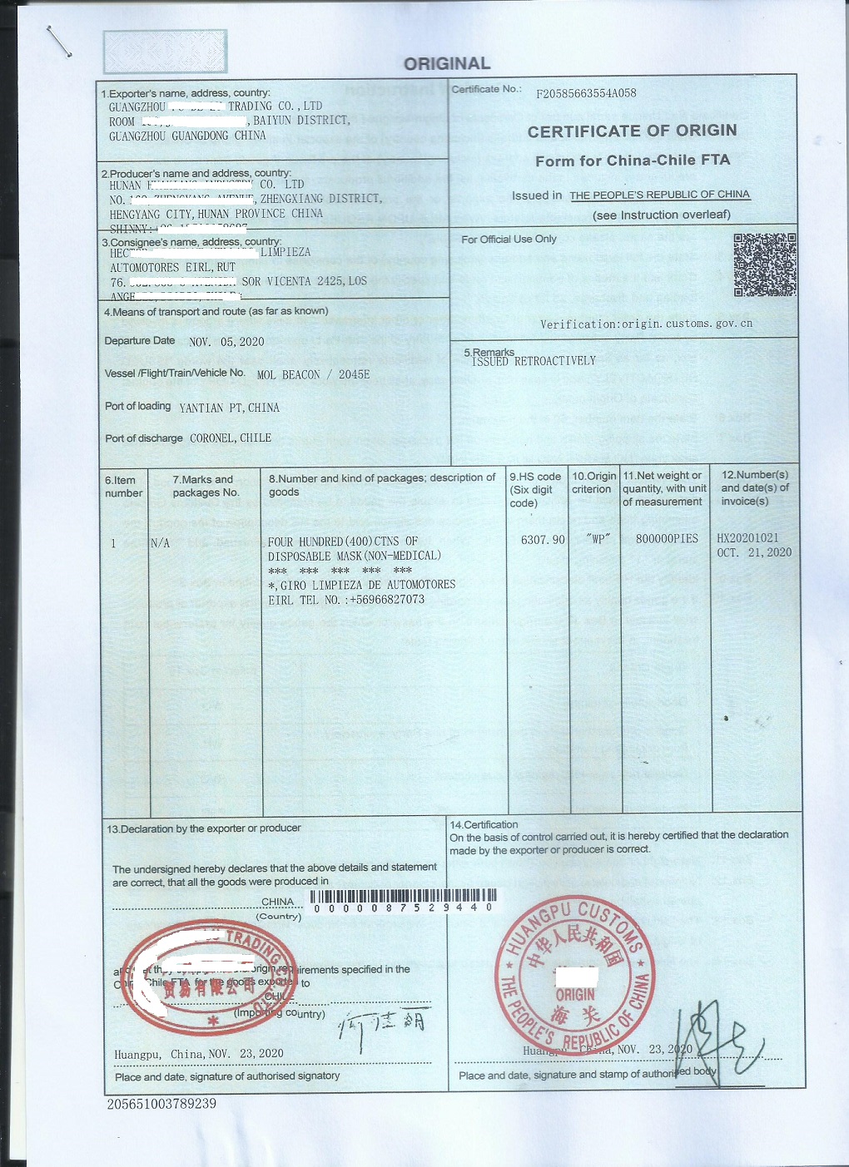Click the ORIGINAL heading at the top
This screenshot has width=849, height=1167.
pyautogui.click(x=447, y=63)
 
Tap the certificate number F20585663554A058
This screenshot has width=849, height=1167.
pyautogui.click(x=586, y=93)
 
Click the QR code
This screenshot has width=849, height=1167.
pyautogui.click(x=765, y=265)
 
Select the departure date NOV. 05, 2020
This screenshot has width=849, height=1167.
pyautogui.click(x=226, y=342)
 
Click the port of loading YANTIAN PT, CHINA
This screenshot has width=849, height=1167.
pyautogui.click(x=230, y=408)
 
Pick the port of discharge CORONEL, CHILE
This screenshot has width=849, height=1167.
pyautogui.click(x=231, y=438)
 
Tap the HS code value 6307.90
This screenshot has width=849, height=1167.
pyautogui.click(x=543, y=540)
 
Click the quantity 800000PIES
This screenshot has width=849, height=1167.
pyautogui.click(x=667, y=539)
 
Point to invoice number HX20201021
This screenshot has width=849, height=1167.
pyautogui.click(x=747, y=538)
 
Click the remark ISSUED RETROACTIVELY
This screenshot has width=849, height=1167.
pyautogui.click(x=534, y=361)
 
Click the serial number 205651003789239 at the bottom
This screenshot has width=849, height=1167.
pyautogui.click(x=161, y=1104)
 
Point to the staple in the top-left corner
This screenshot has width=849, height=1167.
pyautogui.click(x=59, y=42)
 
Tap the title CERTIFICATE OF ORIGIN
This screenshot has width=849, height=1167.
pyautogui.click(x=632, y=131)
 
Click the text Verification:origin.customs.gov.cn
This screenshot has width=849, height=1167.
pyautogui.click(x=646, y=324)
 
